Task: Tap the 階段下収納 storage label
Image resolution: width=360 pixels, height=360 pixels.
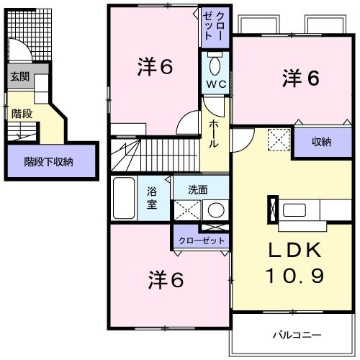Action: pos(48,162)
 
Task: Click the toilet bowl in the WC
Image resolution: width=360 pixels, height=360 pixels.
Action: pos(214,66)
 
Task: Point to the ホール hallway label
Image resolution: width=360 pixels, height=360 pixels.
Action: pos(214,132)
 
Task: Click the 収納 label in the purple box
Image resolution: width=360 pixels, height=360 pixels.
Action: pos(320,142)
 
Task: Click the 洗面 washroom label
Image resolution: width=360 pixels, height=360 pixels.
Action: pos(198,191)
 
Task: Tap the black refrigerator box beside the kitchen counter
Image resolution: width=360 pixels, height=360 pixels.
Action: pos(272,208)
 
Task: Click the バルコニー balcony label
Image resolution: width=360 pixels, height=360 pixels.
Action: pos(297,335)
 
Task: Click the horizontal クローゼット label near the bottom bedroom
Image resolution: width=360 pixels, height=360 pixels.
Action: pos(201,240)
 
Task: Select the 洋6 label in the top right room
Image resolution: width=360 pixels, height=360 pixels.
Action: pos(300,78)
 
